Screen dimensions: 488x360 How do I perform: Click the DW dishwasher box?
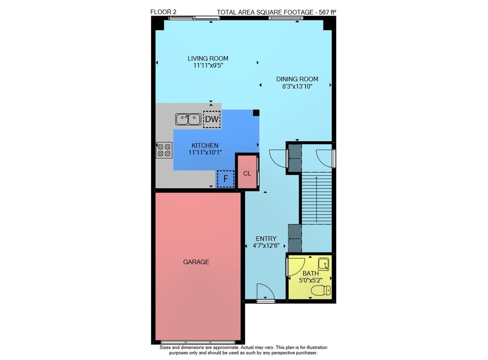212,119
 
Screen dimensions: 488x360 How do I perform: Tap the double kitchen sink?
188,119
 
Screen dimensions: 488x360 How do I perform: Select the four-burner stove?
164,150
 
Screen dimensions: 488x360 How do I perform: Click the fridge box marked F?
225,179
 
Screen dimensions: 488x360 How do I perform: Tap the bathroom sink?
324,264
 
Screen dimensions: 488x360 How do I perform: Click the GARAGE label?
196,262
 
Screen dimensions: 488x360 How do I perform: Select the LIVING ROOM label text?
208,58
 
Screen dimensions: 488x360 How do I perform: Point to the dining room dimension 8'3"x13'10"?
297,86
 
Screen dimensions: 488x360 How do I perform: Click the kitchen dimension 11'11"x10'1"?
205,152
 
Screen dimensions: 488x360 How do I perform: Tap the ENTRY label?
266,238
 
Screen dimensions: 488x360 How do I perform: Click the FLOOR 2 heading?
163,12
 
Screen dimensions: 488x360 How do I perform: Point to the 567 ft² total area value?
327,12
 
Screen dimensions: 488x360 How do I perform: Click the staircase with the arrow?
317,198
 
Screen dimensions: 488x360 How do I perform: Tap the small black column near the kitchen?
256,113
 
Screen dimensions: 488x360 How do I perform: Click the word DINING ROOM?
297,79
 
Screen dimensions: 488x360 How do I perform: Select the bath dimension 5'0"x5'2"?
310,280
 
